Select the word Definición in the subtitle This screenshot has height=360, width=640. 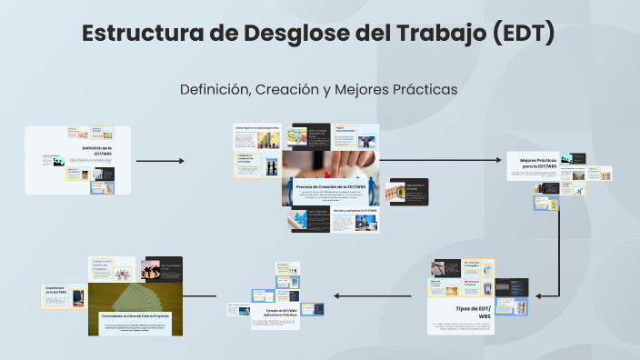click(x=214, y=90)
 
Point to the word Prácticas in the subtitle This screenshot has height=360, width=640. click(x=425, y=90)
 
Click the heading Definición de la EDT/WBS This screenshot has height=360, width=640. click(x=96, y=150)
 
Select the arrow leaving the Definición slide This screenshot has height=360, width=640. click(x=160, y=161)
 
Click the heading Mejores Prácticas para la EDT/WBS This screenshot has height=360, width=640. click(x=538, y=165)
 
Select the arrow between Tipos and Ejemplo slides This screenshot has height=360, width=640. click(x=377, y=295)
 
